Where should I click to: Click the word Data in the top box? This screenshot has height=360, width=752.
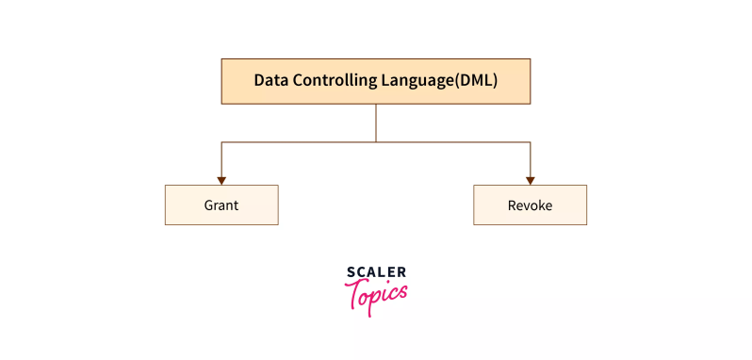tap(270, 81)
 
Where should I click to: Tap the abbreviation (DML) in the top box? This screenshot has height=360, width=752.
tap(477, 81)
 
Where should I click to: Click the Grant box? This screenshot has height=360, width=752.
tap(221, 205)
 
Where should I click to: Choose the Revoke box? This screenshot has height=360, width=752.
tap(530, 205)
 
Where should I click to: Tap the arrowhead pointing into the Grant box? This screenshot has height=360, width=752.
tap(221, 180)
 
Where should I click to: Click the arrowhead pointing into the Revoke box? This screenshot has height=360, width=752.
tap(530, 180)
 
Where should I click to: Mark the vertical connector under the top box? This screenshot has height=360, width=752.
tap(376, 123)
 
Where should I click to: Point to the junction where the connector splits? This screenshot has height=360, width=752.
tap(376, 142)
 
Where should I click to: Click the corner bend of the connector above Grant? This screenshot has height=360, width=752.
tap(221, 142)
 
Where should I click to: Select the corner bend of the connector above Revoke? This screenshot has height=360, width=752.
tap(530, 142)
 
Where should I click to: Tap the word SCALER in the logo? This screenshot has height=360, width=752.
tap(376, 272)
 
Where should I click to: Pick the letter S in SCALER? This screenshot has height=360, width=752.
tap(351, 272)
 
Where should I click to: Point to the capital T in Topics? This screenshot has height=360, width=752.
tap(357, 294)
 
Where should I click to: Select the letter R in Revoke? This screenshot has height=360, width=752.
tap(512, 205)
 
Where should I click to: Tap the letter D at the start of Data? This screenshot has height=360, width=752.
tap(259, 81)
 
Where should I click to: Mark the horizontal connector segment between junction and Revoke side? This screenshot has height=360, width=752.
tap(452, 142)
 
